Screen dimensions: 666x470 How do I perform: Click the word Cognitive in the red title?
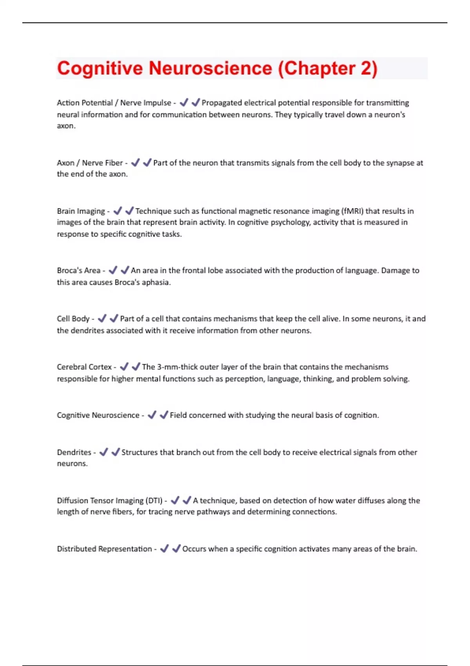[x=100, y=68]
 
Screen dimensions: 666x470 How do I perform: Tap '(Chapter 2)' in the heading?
[x=327, y=68]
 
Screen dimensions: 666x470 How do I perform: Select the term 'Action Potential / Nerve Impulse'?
[x=114, y=103]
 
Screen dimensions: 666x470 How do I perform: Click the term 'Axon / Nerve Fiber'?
[x=90, y=163]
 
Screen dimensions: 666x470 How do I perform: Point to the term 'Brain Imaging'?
[x=81, y=211]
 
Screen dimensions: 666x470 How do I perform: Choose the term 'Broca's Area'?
[x=79, y=270]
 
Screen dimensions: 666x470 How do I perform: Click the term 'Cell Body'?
[x=73, y=319]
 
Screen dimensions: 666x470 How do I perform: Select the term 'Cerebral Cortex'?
[x=84, y=367]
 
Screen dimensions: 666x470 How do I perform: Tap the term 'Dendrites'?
[x=74, y=452]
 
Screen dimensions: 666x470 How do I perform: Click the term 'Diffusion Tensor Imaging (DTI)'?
[x=110, y=501]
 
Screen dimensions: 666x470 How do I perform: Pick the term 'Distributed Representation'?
[x=104, y=549]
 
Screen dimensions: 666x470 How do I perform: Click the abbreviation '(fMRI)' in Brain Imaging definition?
[x=352, y=211]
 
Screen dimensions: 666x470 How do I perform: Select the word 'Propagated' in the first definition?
[x=221, y=103]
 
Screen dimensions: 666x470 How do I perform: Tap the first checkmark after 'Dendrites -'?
[x=104, y=452]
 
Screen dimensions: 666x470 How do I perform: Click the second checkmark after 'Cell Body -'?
[x=114, y=319]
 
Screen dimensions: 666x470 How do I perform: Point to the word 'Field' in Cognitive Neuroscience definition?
[x=178, y=415]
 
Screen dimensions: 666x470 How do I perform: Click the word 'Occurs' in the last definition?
[x=194, y=549]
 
